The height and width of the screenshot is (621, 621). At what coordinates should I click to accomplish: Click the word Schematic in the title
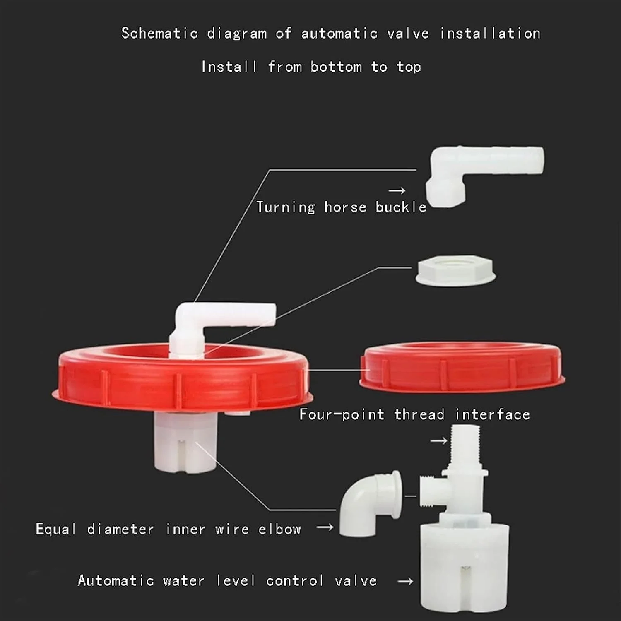(x=159, y=33)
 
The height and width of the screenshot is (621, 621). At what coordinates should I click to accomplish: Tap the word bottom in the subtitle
(x=336, y=67)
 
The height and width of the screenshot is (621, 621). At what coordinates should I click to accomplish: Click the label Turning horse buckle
(x=341, y=207)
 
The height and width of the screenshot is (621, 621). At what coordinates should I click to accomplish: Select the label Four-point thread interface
(x=414, y=414)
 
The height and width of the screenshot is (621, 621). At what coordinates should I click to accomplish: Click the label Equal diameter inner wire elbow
(x=168, y=529)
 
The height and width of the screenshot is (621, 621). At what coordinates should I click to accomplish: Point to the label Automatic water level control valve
(x=227, y=580)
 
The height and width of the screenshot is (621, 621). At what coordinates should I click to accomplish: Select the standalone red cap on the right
(x=462, y=366)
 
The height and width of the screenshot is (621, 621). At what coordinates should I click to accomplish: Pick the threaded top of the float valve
(x=465, y=446)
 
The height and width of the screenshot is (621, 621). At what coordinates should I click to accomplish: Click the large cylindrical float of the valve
(x=465, y=567)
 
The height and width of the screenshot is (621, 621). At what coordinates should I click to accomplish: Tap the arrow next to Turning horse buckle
(x=397, y=190)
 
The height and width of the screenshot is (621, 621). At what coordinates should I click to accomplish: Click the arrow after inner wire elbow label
(x=325, y=527)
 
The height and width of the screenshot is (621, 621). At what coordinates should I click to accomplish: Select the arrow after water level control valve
(x=405, y=581)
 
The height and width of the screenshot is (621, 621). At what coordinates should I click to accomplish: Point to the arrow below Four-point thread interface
(x=439, y=441)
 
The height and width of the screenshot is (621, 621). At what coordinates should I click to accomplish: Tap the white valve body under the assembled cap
(x=185, y=442)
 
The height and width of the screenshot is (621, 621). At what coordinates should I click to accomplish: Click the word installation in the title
(x=490, y=33)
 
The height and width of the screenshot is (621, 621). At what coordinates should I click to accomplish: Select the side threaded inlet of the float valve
(x=432, y=491)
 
